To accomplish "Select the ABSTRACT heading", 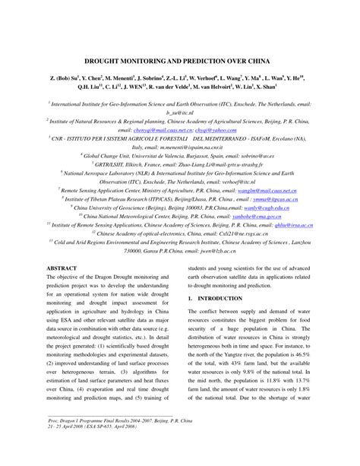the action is [x=62, y=268].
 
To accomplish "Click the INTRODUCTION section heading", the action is [x=231, y=300].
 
